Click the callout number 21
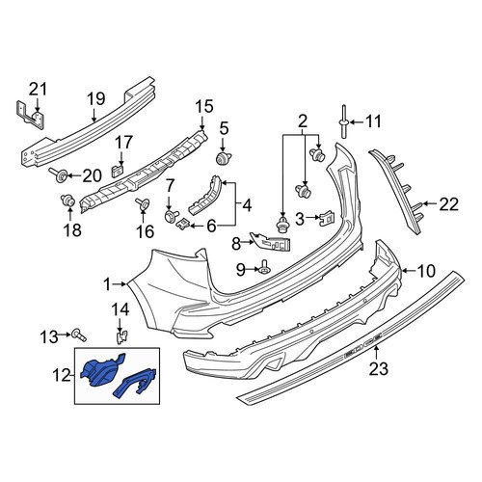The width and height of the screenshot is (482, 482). [38, 90]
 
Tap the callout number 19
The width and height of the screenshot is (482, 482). [95, 99]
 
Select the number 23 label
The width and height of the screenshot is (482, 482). [378, 368]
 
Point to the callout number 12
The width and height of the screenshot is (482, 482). [62, 375]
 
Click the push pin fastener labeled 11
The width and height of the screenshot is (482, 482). [343, 121]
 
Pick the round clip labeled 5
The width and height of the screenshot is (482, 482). [224, 158]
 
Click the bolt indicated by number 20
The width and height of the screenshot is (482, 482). [58, 175]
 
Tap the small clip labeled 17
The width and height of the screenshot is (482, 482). [118, 171]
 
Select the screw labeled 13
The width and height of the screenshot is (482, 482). [79, 335]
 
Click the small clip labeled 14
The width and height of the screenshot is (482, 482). [120, 337]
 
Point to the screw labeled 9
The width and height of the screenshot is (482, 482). [264, 267]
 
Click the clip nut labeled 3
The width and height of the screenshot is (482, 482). [327, 219]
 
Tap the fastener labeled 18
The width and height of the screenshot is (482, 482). [68, 201]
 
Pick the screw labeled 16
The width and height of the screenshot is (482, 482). [143, 204]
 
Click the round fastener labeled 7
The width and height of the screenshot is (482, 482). [171, 216]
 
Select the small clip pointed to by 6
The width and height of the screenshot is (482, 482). [183, 223]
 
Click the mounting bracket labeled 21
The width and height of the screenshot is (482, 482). [29, 116]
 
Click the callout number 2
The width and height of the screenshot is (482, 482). [303, 121]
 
